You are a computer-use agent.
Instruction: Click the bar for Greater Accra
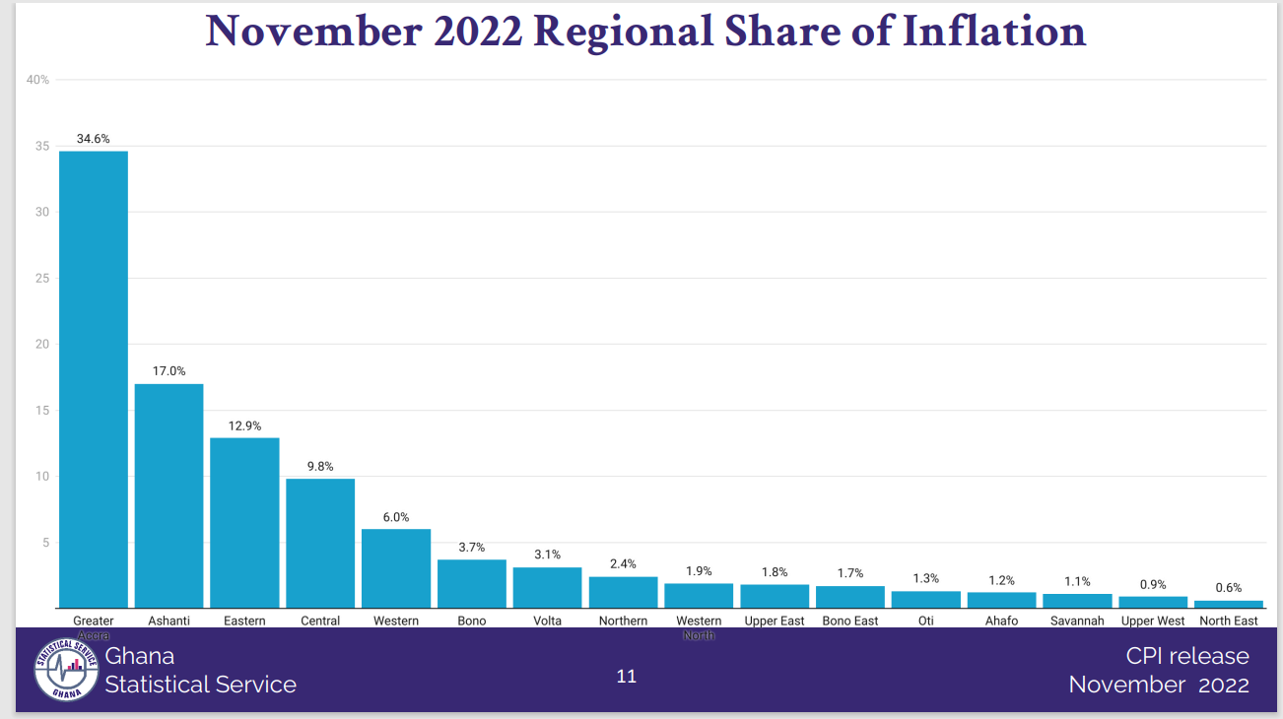tap(94, 379)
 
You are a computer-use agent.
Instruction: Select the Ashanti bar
tap(169, 495)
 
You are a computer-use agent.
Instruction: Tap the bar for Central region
tap(320, 543)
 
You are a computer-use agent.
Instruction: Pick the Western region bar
tap(396, 568)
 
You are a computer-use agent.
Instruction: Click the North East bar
tap(1228, 604)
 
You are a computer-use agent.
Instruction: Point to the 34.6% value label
tap(94, 139)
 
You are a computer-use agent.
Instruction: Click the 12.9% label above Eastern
tap(244, 425)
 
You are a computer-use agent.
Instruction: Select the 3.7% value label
tap(472, 548)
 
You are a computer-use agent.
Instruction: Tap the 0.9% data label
tap(1153, 585)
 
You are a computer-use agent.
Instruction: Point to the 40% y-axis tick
tap(37, 80)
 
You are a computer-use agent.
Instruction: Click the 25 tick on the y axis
tap(42, 279)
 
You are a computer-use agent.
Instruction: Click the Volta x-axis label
tap(547, 621)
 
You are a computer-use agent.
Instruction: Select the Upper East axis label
tap(775, 621)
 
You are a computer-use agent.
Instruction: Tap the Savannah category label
tap(1077, 621)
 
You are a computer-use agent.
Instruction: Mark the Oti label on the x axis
tap(925, 621)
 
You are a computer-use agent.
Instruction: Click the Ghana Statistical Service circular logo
tap(66, 670)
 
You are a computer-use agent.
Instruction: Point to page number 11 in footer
tap(626, 677)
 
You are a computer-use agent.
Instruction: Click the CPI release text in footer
tap(1187, 656)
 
